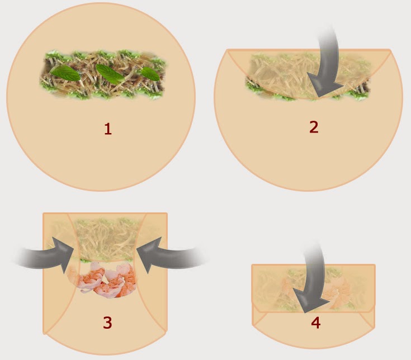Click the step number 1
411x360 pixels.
tap(108, 129)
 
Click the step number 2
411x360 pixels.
tap(314, 127)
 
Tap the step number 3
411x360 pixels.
tap(107, 323)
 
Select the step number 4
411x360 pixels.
tap(315, 323)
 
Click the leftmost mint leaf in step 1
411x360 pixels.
tap(65, 73)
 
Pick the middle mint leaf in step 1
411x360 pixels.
tap(110, 74)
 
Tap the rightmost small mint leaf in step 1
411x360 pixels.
tap(150, 74)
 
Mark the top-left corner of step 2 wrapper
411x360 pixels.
tap(227, 50)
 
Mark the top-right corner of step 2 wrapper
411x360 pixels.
tap(390, 50)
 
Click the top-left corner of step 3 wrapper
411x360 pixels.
tap(44, 214)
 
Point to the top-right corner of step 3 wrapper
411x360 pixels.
tap(167, 214)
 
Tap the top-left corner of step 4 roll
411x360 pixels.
tap(252, 265)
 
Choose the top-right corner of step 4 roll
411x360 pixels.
tap(375, 265)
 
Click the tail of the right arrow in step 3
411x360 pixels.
tap(202, 256)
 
